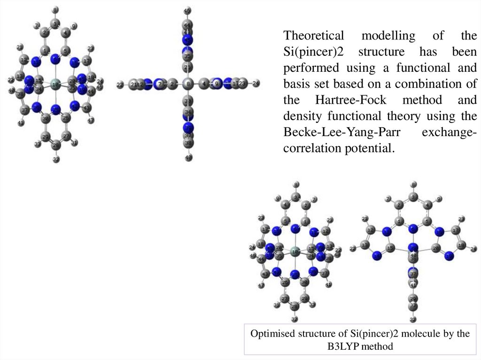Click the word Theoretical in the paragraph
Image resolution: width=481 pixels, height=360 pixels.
(313, 36)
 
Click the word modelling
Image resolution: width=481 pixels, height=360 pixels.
(388, 36)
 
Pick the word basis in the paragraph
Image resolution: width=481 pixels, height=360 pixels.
(297, 84)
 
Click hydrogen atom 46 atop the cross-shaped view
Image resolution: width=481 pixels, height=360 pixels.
(187, 11)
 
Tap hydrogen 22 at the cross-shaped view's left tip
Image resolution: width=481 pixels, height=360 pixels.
(120, 84)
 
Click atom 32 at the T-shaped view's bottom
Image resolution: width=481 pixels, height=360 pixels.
(413, 320)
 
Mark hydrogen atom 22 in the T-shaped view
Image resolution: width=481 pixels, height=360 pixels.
(353, 248)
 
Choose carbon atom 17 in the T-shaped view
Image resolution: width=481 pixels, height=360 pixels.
(456, 230)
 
